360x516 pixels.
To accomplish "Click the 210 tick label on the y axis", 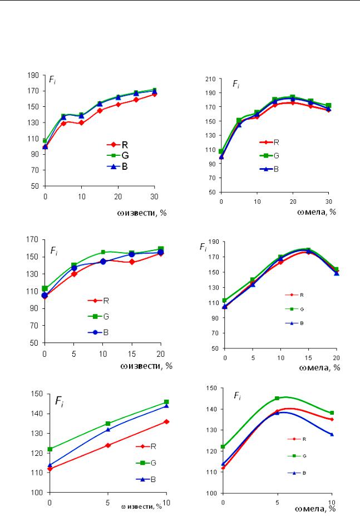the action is coord(211,79).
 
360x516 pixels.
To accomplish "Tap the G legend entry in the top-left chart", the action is coord(118,156).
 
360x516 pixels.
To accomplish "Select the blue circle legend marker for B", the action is coord(96,332).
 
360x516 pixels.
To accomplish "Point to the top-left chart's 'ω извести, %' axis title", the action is coord(142,213).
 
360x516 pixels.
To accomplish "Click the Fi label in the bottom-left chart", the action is coord(59,401).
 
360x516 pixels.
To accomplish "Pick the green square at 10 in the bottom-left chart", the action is coord(166,402).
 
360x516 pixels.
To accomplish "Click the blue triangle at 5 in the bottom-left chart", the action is coord(108,429).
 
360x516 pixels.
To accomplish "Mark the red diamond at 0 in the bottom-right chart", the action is coord(223,468).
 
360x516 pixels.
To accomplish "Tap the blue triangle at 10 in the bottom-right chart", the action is coord(332,434).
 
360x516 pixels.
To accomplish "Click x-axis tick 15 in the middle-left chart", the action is coord(132,354).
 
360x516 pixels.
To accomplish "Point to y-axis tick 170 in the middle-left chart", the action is coord(33,239).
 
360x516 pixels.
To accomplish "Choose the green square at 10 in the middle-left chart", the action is coord(103,252).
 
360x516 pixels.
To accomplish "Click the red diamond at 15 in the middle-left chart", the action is coord(132,262).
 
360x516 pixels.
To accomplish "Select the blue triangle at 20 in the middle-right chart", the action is coord(336,273).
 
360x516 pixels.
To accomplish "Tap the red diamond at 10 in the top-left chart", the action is coord(82,123).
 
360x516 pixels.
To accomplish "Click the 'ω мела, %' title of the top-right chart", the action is coord(317,212).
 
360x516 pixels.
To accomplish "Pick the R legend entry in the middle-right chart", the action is coord(294,295).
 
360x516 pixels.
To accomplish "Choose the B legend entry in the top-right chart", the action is coord(269,169).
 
